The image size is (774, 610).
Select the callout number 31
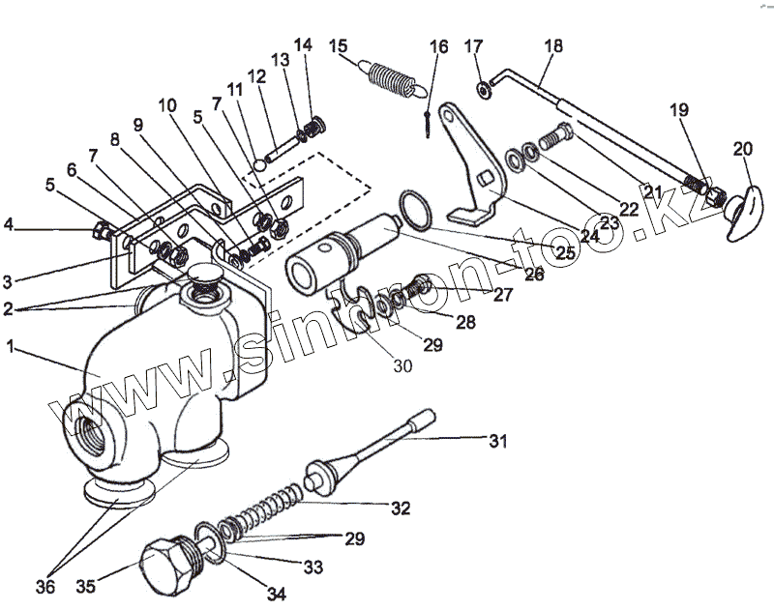tap(497, 442)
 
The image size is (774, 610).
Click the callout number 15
tap(338, 45)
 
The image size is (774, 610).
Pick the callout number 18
tap(551, 45)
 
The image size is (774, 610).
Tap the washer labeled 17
tap(481, 90)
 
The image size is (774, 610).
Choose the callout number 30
tap(402, 365)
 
